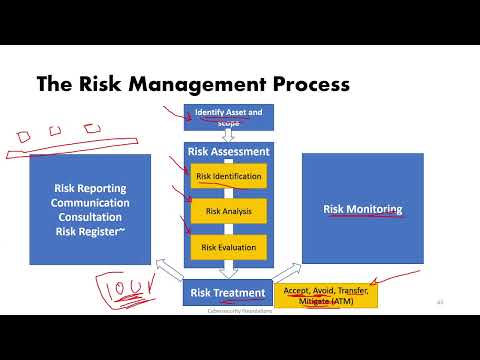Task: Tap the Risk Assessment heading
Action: pyautogui.click(x=228, y=152)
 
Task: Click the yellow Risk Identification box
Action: pyautogui.click(x=229, y=177)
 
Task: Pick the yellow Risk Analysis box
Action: pyautogui.click(x=229, y=211)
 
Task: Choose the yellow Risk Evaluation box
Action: pyautogui.click(x=229, y=246)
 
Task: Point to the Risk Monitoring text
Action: pyautogui.click(x=363, y=210)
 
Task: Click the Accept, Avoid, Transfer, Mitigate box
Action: pyautogui.click(x=326, y=296)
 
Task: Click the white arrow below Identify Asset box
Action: pyautogui.click(x=228, y=137)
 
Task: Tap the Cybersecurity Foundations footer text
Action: pyautogui.click(x=229, y=311)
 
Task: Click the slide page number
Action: pyautogui.click(x=440, y=302)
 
